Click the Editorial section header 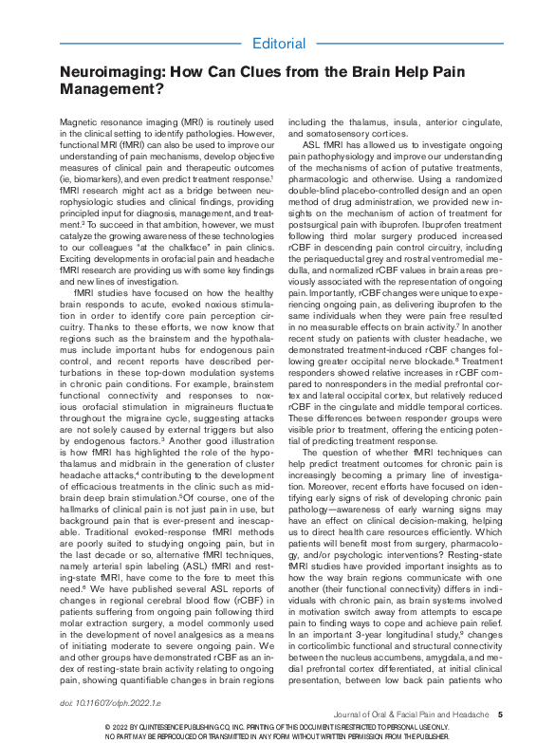pyautogui.click(x=279, y=44)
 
